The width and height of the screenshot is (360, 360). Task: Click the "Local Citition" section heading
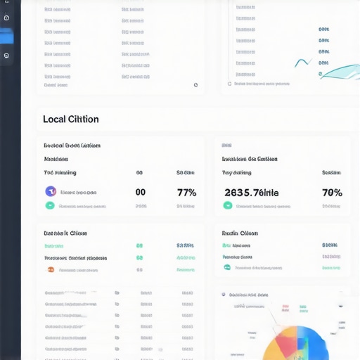[x=70, y=120]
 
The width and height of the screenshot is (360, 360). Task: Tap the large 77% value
[x=186, y=192]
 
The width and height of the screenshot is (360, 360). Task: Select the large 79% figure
[x=332, y=192]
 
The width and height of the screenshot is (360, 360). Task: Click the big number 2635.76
[x=251, y=192]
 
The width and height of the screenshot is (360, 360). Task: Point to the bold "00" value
[x=140, y=192]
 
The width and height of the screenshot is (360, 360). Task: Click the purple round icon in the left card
[x=51, y=191]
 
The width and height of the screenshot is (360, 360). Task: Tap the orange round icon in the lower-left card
[x=51, y=269]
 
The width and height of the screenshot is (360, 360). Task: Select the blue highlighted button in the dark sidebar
[x=7, y=37]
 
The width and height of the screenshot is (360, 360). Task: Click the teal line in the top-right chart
[x=337, y=70]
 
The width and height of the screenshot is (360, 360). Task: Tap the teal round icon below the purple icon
[x=50, y=206]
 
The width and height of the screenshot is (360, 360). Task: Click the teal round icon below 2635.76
[x=227, y=206]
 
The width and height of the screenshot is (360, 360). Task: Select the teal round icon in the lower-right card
[x=227, y=267]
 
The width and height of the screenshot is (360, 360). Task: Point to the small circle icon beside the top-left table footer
[x=195, y=85]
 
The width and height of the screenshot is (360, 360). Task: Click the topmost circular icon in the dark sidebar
[x=6, y=18]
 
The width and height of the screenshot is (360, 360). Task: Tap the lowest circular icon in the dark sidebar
[x=6, y=56]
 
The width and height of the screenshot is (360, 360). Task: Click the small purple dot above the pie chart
[x=223, y=295]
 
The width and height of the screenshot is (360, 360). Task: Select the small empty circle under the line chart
[x=229, y=84]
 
